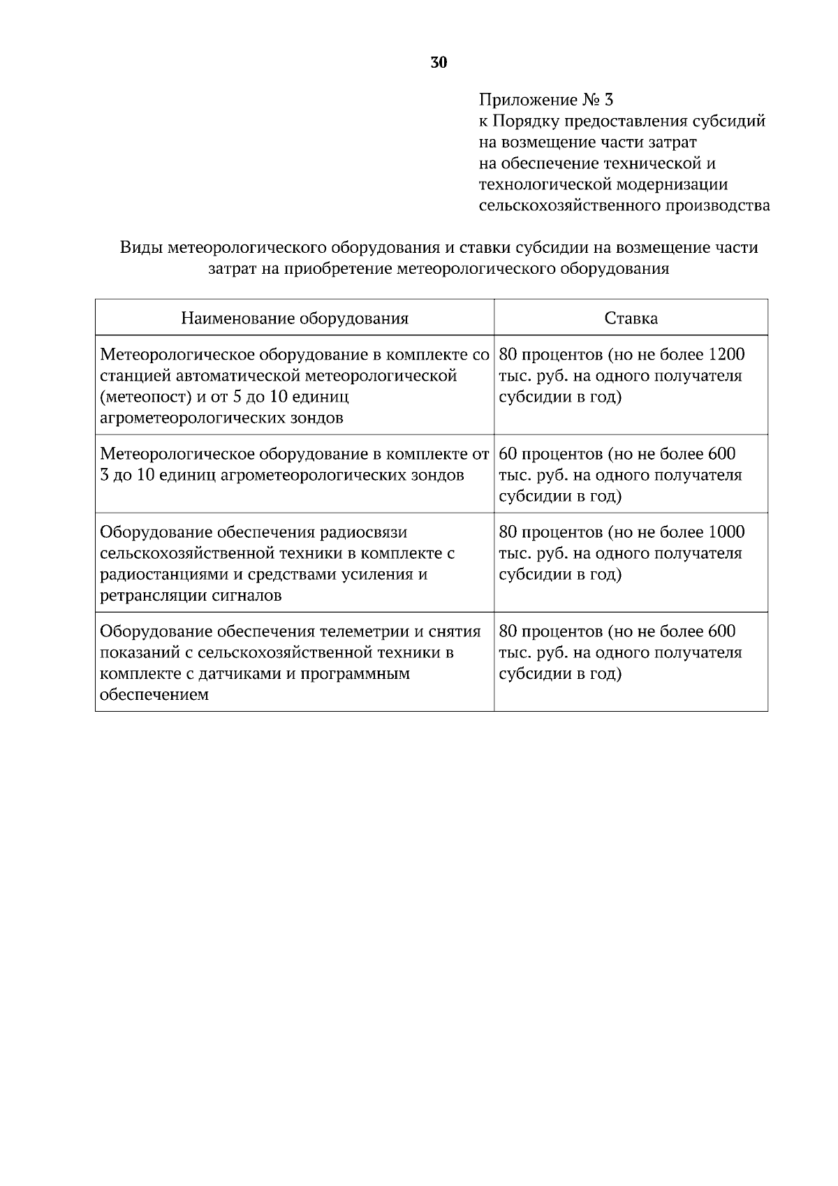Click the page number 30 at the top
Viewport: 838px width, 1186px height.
(439, 63)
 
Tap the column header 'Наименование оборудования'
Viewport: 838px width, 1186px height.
(295, 319)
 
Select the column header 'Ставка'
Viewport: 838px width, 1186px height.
(631, 319)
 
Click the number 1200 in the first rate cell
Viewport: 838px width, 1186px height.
(726, 354)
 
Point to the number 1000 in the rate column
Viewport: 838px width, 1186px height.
(726, 532)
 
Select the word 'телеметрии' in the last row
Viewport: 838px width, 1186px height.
(365, 631)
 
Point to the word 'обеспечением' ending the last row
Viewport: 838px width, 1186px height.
(154, 695)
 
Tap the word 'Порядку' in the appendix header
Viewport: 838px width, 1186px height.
(527, 121)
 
